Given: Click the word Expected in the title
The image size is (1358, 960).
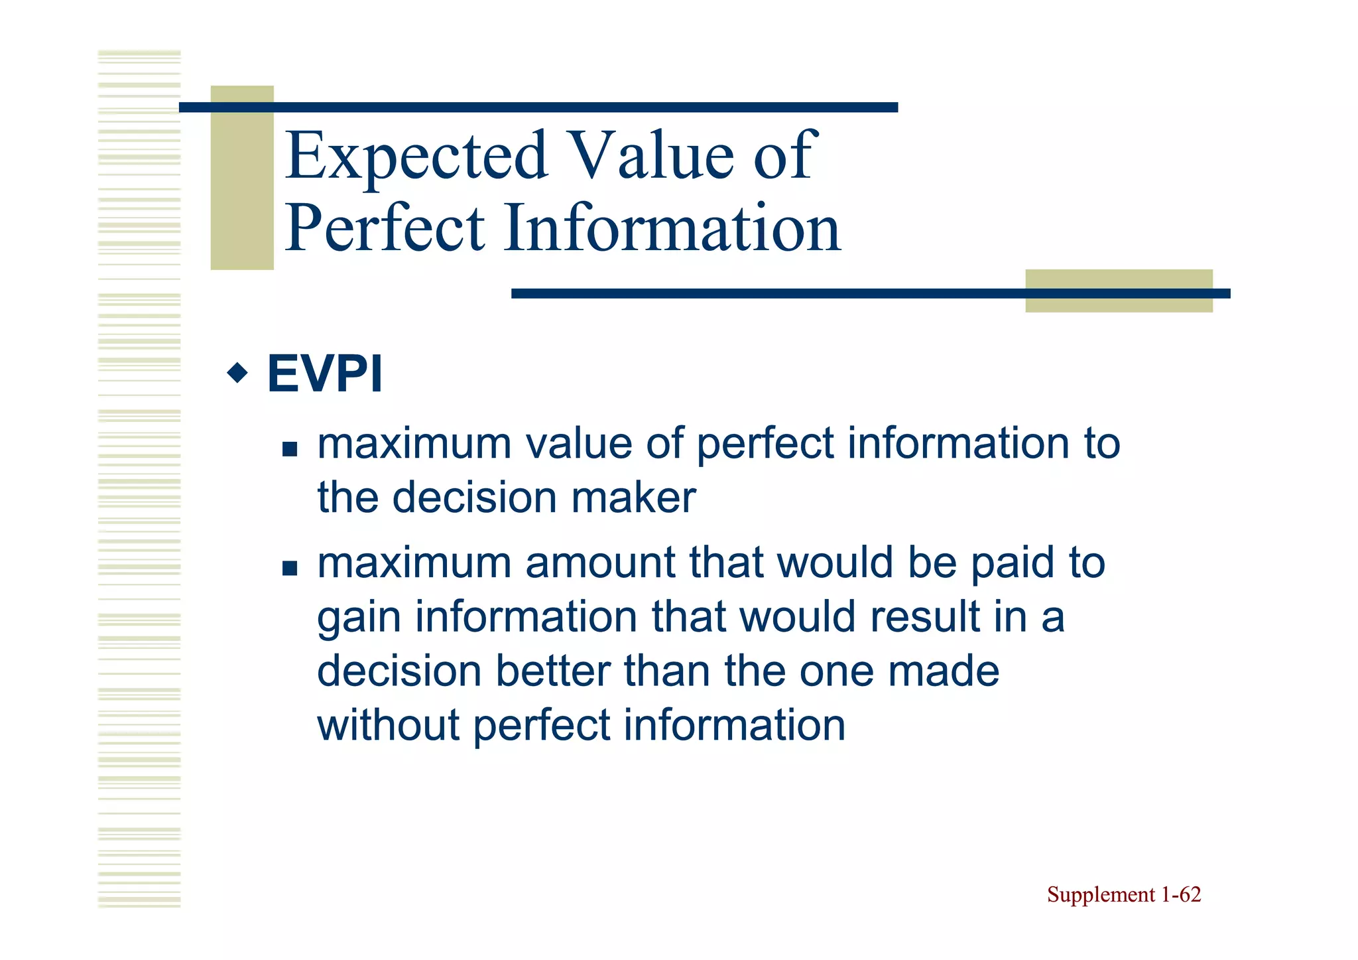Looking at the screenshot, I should click(416, 157).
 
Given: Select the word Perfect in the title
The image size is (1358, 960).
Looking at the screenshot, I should click(385, 229).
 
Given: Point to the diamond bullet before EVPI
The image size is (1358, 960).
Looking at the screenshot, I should click(237, 374).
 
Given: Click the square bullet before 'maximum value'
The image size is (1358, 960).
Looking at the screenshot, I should click(290, 450).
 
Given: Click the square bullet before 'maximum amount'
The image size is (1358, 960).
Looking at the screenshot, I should click(290, 569).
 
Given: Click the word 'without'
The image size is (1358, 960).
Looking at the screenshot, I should click(388, 724).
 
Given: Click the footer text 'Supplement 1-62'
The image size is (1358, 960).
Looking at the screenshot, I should click(1123, 894).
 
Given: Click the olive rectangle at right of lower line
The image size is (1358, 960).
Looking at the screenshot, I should click(1119, 291).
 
